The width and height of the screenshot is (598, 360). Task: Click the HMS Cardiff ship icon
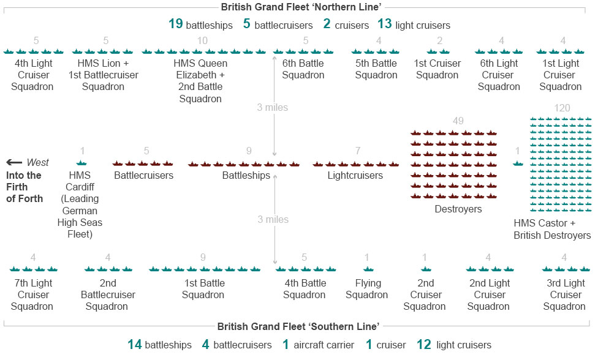click(x=81, y=163)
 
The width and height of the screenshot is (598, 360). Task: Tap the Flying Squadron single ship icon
click(x=368, y=269)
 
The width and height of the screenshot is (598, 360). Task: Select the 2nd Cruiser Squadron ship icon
click(x=426, y=269)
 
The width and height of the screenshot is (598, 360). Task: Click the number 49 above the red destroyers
click(x=458, y=121)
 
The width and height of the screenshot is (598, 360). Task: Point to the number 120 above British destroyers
click(x=562, y=108)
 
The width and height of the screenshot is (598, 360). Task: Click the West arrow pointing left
click(x=14, y=162)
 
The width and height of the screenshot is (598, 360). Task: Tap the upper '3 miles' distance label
click(x=272, y=107)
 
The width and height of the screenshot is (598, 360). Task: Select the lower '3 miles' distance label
click(x=273, y=219)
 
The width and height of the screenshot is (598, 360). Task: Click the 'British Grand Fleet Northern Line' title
click(x=301, y=7)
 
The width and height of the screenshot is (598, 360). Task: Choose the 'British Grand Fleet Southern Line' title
click(x=298, y=326)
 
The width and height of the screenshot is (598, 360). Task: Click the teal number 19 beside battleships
click(x=176, y=24)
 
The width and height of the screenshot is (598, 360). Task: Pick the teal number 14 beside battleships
click(x=135, y=344)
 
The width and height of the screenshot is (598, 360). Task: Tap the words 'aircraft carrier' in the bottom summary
click(x=324, y=345)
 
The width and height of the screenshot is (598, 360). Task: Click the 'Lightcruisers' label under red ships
click(x=355, y=175)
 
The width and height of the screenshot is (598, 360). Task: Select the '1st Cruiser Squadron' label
click(x=437, y=69)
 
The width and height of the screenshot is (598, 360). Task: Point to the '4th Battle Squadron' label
click(x=305, y=289)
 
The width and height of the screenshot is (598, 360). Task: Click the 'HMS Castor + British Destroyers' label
click(x=552, y=229)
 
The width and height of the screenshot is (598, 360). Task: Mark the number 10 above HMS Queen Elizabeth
click(x=202, y=40)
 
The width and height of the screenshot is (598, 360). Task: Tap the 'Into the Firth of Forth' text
click(x=25, y=187)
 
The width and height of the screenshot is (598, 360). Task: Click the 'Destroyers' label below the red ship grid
click(x=458, y=209)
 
